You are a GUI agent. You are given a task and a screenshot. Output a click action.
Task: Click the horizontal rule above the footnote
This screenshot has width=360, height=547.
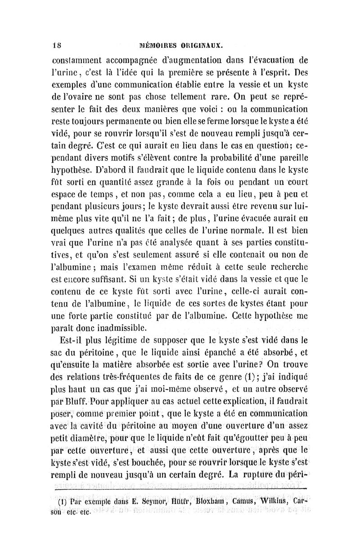[x=180, y=488]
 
